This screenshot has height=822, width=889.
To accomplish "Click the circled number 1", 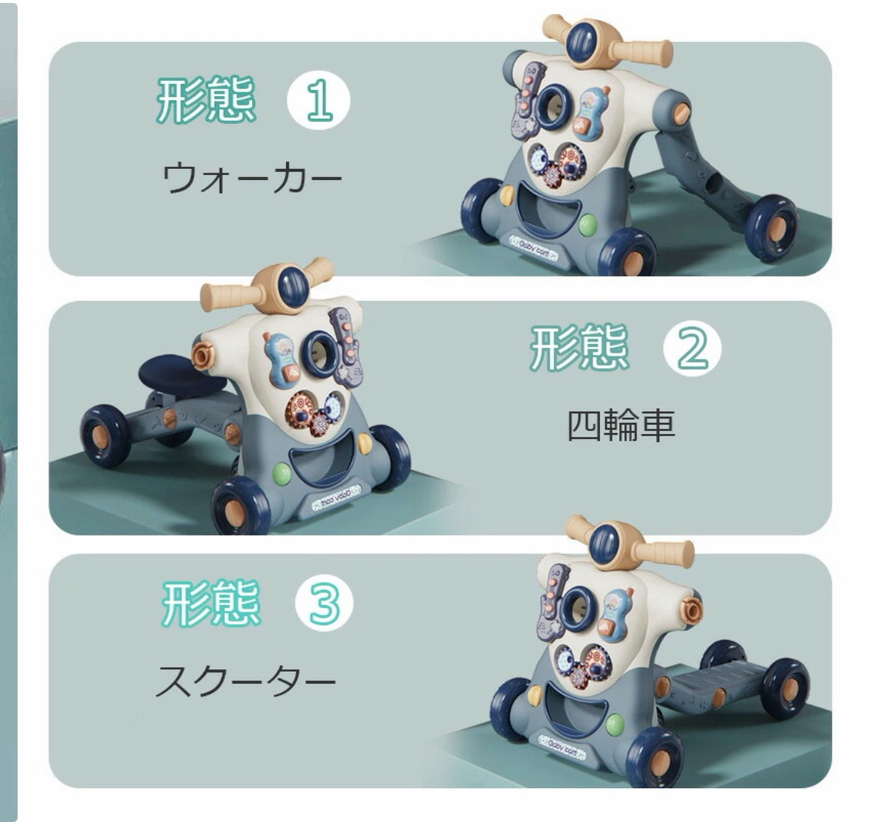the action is click(318, 100).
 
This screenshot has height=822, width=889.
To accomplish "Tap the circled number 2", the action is click(692, 348).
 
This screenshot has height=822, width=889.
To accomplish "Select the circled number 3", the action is click(324, 603).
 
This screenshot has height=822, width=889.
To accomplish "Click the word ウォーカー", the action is click(251, 179).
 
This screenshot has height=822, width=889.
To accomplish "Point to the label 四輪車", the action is click(621, 425).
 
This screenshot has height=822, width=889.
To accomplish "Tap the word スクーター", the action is click(245, 682).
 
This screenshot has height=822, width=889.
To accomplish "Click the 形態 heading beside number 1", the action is click(206, 100).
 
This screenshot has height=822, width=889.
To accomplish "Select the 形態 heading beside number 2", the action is click(579, 348).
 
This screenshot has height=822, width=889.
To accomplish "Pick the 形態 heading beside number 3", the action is click(211, 603).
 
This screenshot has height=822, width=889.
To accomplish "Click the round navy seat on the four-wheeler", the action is click(183, 373).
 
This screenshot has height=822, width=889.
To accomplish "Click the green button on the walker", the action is click(588, 224).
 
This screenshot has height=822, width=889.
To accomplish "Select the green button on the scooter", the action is click(614, 723).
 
